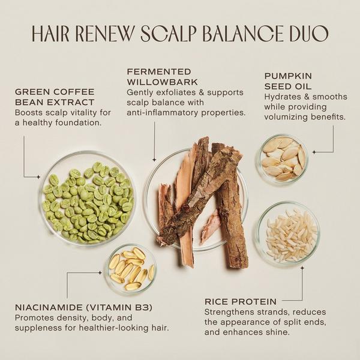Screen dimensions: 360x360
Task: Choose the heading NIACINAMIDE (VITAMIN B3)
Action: (83, 308)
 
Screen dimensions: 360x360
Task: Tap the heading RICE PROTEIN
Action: (241, 301)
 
